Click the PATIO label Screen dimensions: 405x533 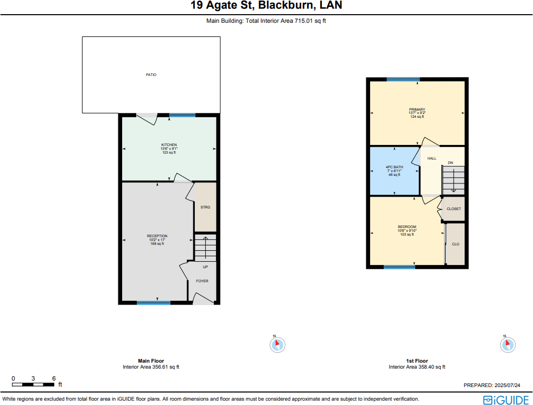click(151, 74)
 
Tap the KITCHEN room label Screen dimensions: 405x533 click(169, 145)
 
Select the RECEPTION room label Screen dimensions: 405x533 click(157, 236)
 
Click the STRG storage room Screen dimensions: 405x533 click(205, 207)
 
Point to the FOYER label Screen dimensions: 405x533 click(202, 281)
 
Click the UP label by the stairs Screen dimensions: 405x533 click(205, 267)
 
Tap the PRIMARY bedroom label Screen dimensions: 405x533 click(417, 110)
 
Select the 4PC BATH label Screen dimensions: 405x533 click(394, 167)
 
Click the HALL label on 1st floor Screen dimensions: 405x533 click(432, 159)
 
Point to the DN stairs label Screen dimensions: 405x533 click(450, 163)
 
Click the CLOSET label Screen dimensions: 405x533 click(454, 209)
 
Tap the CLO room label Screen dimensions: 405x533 click(455, 244)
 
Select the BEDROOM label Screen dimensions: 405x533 click(407, 227)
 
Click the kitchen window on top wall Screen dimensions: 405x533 click(182, 115)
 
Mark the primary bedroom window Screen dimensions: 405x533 click(403, 80)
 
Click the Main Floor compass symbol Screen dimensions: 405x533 click(277, 344)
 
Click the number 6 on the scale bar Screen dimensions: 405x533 click(54, 378)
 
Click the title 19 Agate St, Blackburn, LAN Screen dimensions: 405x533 click(266, 6)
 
